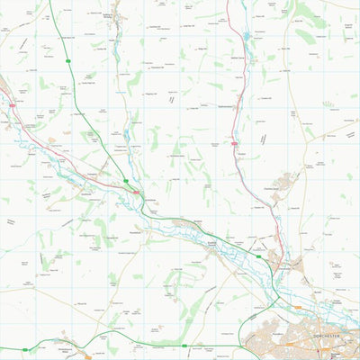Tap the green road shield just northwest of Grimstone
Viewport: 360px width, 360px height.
[x=125, y=181]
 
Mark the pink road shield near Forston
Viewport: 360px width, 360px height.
[x=233, y=142]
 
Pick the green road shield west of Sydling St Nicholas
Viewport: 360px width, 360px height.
[x=68, y=60]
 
